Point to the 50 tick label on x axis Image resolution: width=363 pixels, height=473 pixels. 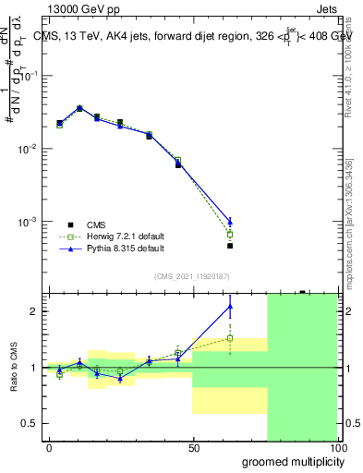[193, 447]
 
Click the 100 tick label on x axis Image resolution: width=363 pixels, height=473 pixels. [337, 447]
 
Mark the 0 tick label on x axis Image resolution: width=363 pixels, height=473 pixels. [49, 447]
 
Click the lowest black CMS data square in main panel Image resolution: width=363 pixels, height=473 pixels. [230, 246]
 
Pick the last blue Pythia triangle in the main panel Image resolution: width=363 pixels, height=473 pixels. [230, 222]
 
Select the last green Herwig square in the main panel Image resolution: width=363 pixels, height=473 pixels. [230, 235]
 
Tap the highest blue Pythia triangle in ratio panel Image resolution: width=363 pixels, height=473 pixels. [230, 306]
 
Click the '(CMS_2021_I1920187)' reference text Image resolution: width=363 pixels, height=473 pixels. [191, 275]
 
